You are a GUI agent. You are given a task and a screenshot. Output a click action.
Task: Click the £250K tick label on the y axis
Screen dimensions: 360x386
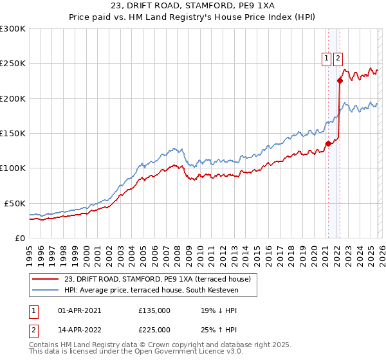[13, 64]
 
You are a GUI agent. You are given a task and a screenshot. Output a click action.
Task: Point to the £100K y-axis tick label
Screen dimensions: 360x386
[13, 168]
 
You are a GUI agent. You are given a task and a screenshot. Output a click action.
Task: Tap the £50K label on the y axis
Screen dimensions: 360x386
[15, 203]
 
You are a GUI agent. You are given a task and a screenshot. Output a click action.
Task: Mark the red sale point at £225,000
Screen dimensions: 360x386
[339, 80]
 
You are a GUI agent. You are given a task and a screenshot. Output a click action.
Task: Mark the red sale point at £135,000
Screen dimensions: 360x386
[327, 143]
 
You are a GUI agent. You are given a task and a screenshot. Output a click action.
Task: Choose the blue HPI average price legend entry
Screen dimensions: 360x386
[151, 291]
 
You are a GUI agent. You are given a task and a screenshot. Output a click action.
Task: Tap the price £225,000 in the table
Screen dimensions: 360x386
[154, 330]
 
